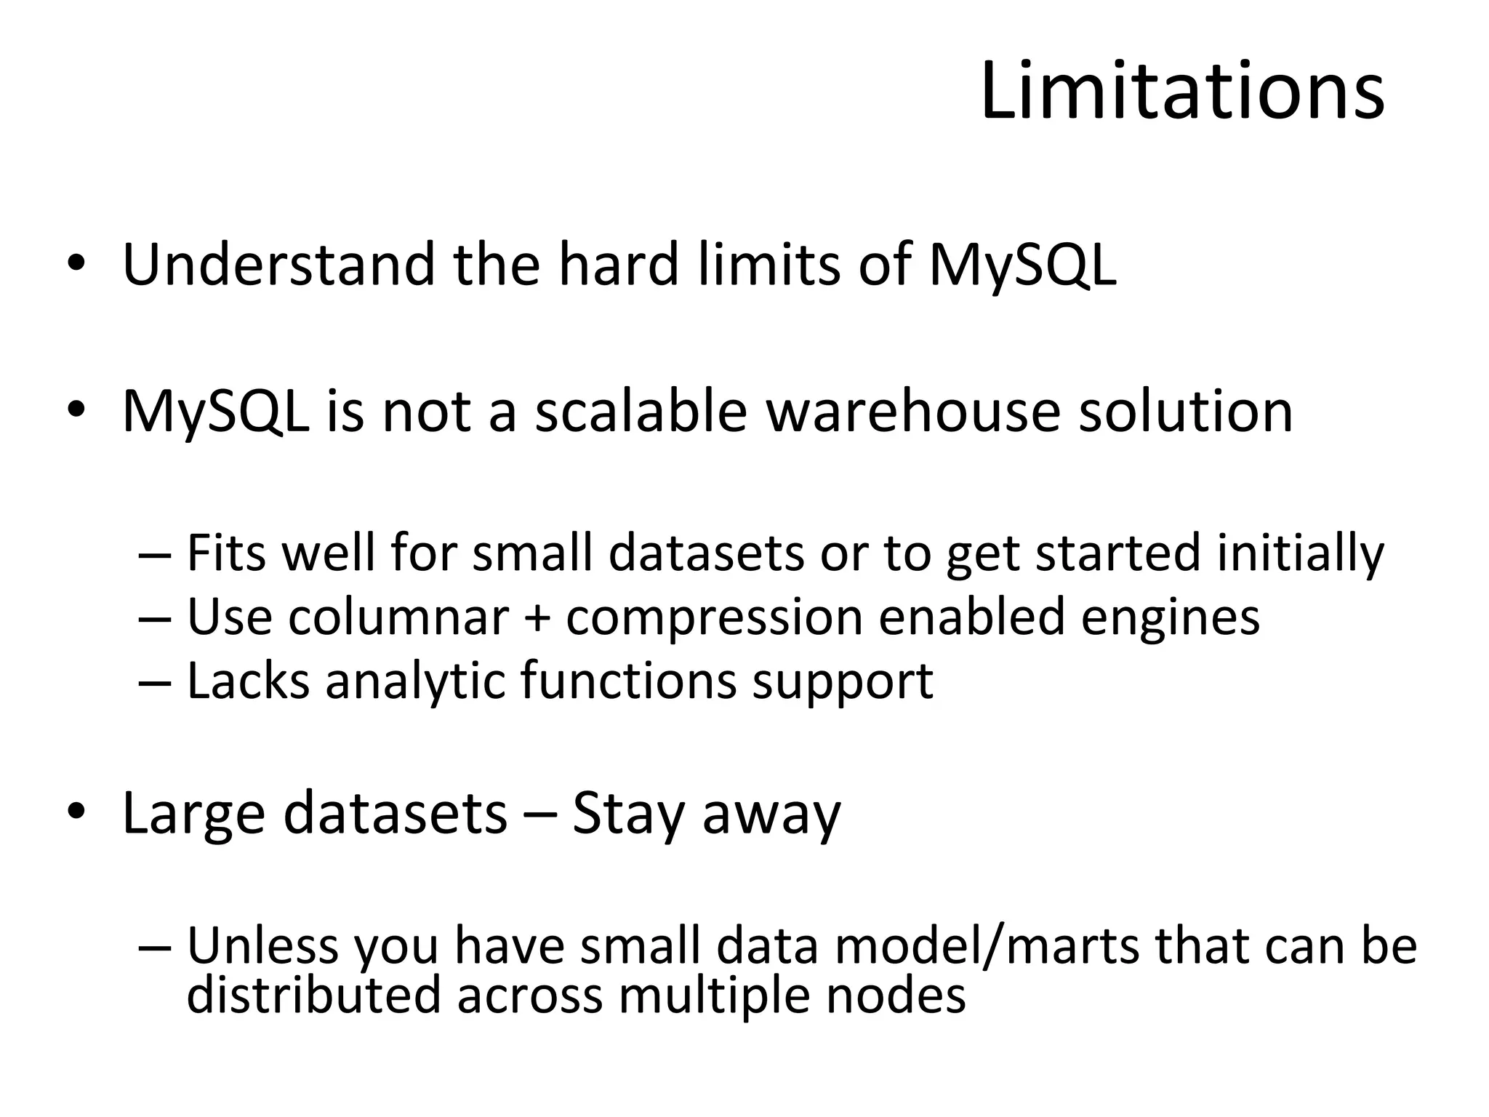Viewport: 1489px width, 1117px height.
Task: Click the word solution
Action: (1185, 411)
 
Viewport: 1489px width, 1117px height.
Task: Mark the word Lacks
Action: (248, 681)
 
